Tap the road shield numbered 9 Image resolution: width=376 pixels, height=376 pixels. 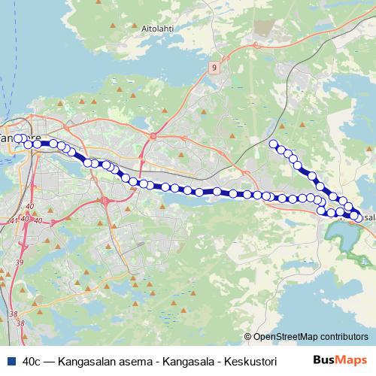pyautogui.click(x=215, y=68)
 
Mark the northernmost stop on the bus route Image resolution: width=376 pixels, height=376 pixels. pyautogui.click(x=274, y=144)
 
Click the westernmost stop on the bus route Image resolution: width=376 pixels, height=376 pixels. pyautogui.click(x=18, y=138)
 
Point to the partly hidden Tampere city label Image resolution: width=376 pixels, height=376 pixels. pyautogui.click(x=9, y=138)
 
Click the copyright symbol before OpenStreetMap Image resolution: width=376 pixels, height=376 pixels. pyautogui.click(x=247, y=337)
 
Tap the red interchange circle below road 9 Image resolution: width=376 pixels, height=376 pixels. pyautogui.click(x=152, y=136)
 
